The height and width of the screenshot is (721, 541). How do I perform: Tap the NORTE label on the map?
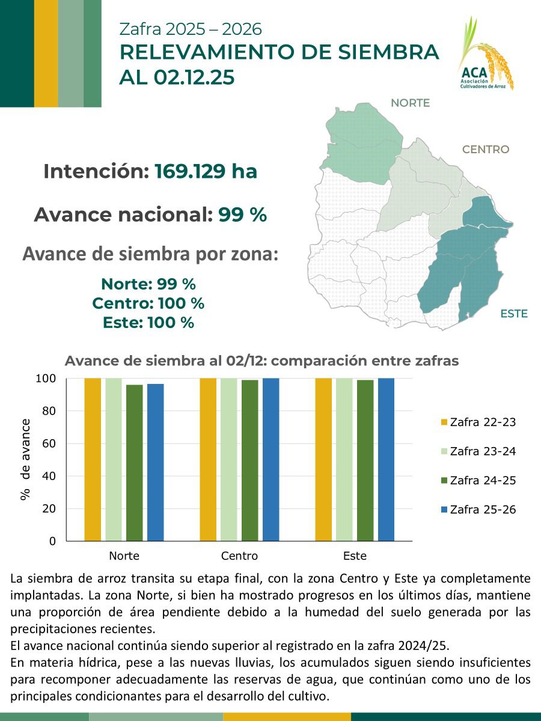click(410, 103)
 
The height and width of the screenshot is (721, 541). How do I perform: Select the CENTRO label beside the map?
click(485, 150)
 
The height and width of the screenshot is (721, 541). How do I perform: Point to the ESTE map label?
click(513, 314)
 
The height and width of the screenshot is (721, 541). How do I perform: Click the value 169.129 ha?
click(206, 172)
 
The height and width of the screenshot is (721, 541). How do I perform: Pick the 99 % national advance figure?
click(242, 214)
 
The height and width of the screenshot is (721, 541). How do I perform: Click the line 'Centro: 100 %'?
click(148, 303)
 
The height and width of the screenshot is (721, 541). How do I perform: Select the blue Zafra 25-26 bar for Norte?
click(155, 462)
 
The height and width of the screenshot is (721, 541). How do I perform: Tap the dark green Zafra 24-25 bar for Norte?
click(135, 463)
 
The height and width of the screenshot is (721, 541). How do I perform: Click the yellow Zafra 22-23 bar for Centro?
click(208, 460)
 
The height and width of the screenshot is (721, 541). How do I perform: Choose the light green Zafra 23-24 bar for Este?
click(344, 460)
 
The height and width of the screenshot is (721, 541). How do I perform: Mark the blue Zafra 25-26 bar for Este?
click(386, 460)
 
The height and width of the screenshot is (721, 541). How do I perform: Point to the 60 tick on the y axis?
click(48, 444)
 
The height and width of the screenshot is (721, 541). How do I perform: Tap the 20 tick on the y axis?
click(48, 509)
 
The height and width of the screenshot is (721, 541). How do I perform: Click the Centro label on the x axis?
click(239, 556)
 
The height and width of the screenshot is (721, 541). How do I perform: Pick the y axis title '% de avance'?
click(25, 459)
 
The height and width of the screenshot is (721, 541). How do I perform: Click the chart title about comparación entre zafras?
click(261, 361)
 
